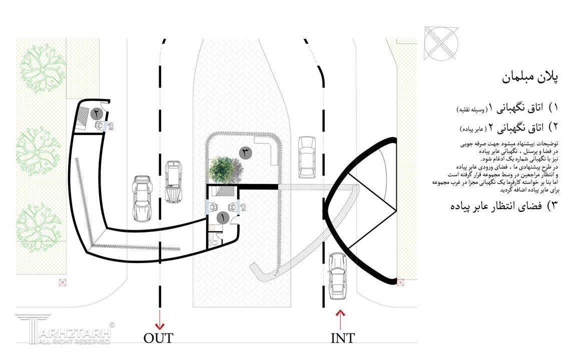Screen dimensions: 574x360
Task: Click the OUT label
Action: tap(158, 337)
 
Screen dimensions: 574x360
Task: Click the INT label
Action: tap(343, 337)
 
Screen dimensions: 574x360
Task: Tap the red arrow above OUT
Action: tap(160, 319)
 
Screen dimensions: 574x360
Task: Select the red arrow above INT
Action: tap(341, 319)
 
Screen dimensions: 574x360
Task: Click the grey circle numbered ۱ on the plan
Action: tap(223, 218)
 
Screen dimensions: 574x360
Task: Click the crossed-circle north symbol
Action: tap(441, 43)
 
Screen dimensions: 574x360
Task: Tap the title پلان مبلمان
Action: tap(529, 78)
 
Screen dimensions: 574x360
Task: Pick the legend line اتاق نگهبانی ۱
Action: tap(507, 108)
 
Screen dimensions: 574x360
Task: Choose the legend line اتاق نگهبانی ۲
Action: tap(509, 127)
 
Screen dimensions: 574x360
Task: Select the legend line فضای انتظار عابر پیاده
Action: tap(504, 205)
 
